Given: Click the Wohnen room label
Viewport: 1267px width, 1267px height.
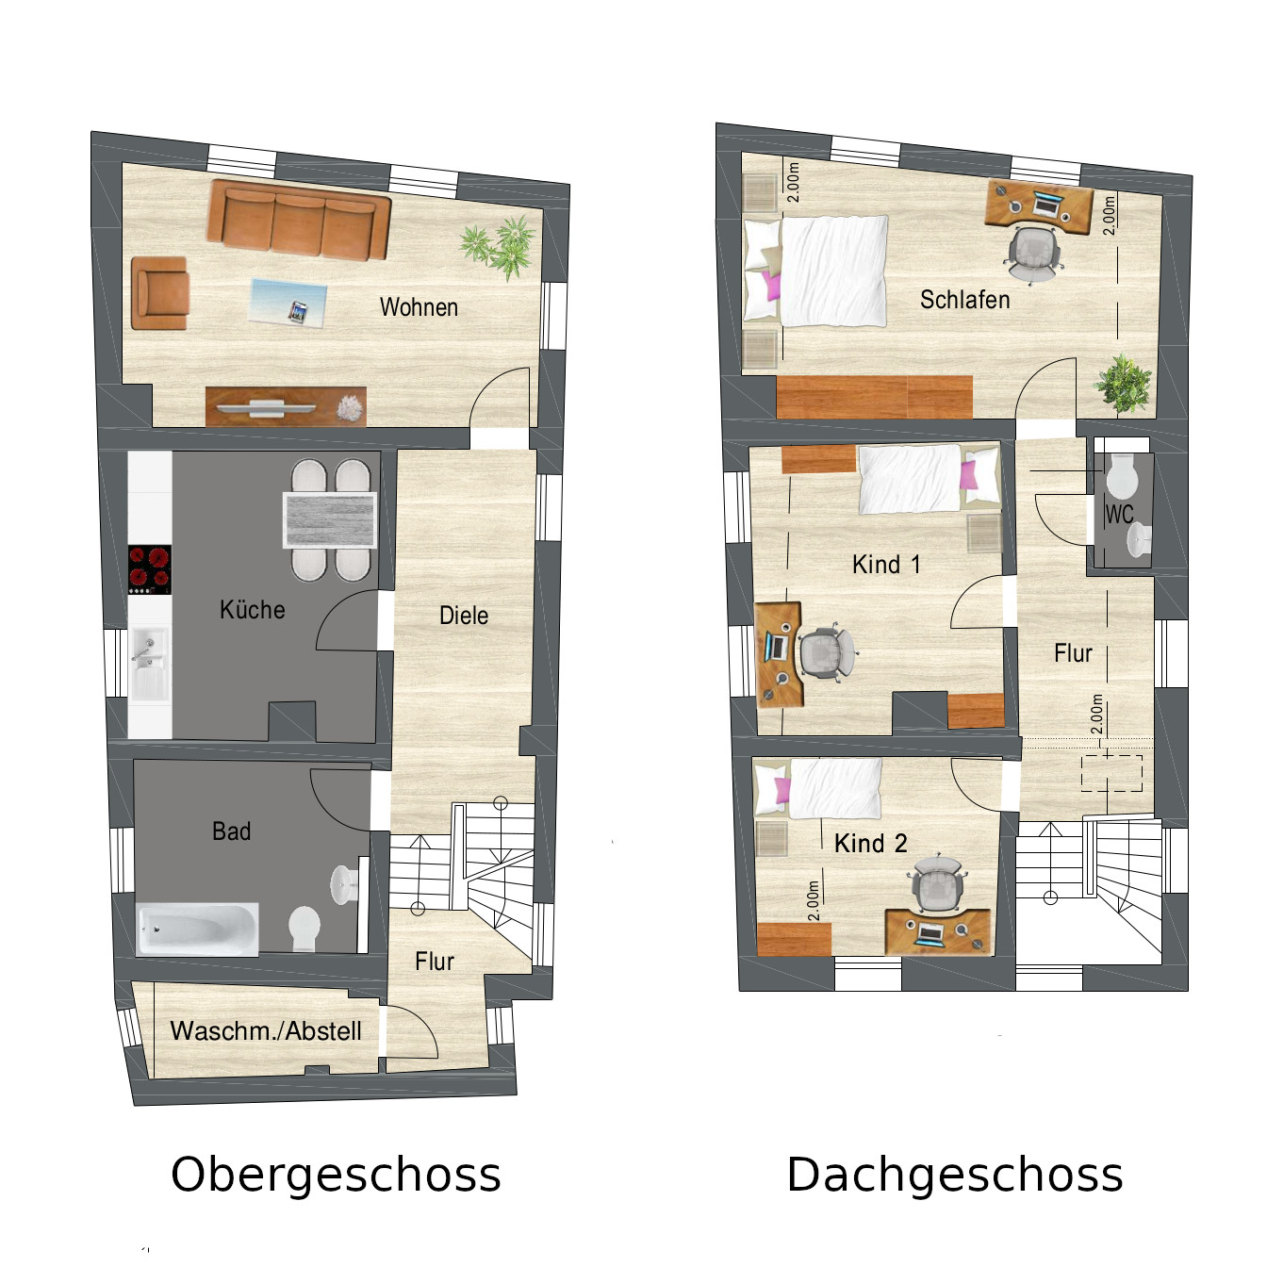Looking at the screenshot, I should [x=419, y=307].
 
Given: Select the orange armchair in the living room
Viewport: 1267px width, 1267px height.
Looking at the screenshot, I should [x=159, y=293].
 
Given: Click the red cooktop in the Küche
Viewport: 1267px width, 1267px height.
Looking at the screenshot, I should [x=150, y=569].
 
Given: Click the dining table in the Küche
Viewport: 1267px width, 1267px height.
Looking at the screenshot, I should [x=330, y=519].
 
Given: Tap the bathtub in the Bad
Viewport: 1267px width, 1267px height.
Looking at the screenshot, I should [x=198, y=929].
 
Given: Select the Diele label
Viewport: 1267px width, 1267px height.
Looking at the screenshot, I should [x=464, y=616].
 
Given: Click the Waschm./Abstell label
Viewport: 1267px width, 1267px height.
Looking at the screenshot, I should [x=266, y=1030].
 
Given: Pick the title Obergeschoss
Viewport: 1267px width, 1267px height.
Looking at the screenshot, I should [x=336, y=1175].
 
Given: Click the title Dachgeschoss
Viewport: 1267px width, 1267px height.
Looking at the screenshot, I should [x=955, y=1175].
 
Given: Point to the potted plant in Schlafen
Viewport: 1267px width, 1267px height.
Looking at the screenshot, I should [x=1123, y=383].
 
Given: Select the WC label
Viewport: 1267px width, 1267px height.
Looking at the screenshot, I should [x=1119, y=515].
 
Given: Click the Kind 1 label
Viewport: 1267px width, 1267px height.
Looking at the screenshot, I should [x=886, y=565].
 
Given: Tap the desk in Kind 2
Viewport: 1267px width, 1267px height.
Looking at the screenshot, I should [x=939, y=931].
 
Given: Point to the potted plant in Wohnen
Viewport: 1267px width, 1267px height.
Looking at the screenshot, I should [x=500, y=246].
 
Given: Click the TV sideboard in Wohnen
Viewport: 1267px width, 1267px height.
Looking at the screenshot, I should [x=286, y=406].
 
